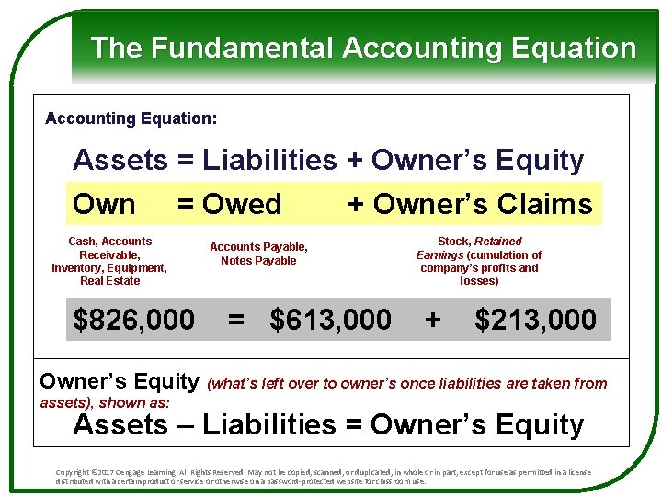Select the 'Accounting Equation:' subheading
pyautogui.click(x=131, y=118)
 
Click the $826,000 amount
pyautogui.click(x=134, y=320)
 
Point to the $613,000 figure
pyautogui.click(x=331, y=320)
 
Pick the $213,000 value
pyautogui.click(x=535, y=320)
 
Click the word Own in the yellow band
pyautogui.click(x=104, y=204)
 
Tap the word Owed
pyautogui.click(x=243, y=204)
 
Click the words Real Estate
pyautogui.click(x=109, y=281)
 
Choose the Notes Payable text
pyautogui.click(x=258, y=261)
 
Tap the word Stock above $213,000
pyautogui.click(x=453, y=242)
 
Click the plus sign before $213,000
pyautogui.click(x=432, y=320)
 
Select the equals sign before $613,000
pyautogui.click(x=236, y=320)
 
